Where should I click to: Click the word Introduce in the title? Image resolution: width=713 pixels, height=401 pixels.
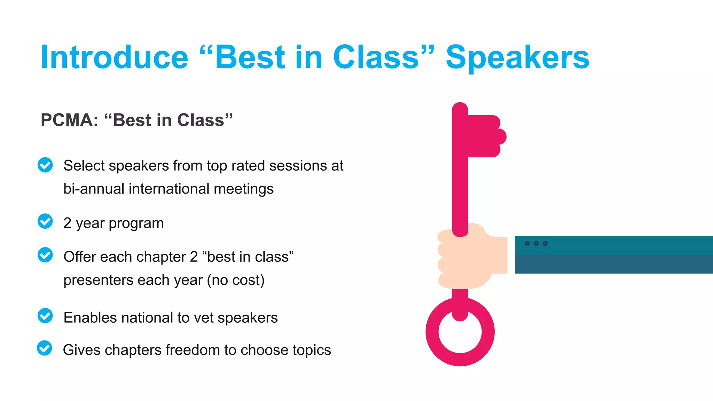coord(114,57)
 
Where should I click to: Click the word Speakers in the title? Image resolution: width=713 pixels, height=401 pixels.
coord(517,57)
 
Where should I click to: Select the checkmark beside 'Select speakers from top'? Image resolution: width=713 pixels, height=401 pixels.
coord(45,165)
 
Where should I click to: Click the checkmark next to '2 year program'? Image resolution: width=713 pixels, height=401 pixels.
coord(45,221)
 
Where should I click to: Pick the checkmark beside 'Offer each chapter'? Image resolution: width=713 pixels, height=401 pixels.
coord(45,255)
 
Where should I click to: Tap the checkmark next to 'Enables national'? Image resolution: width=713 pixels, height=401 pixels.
coord(45,316)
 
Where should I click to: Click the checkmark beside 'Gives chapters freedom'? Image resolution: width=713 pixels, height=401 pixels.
coord(45,348)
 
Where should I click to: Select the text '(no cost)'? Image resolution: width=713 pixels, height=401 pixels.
coord(236,280)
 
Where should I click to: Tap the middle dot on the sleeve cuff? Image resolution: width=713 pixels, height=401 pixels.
coord(536,244)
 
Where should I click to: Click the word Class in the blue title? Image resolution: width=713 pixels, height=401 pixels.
coord(376,57)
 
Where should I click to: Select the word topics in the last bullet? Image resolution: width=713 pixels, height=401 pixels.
coord(312,350)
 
